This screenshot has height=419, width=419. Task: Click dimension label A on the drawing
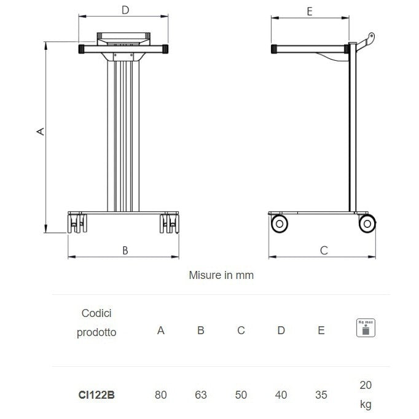41,131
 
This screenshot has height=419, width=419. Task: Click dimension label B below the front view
125,250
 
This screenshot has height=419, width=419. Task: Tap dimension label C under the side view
324,250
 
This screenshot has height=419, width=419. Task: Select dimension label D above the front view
125,10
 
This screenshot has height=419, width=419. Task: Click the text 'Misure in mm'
221,275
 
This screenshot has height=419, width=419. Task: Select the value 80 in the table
161,395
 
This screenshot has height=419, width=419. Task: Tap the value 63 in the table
201,395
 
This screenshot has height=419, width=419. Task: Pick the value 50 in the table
241,395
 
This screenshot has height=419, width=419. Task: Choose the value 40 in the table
281,395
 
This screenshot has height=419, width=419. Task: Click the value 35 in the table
321,395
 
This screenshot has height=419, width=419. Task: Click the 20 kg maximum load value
366,394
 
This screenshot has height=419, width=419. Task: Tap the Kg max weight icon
366,328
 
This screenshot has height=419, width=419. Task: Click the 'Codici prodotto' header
96,323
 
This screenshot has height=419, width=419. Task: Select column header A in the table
161,331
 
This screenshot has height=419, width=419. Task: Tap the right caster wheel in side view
367,223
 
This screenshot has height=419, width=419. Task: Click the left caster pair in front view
77,223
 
